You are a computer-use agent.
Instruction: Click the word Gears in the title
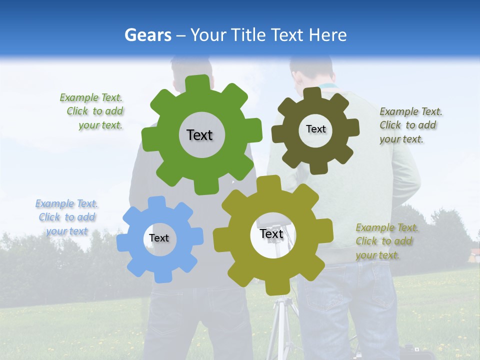click(147, 35)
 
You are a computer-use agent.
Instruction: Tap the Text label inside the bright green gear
click(199, 135)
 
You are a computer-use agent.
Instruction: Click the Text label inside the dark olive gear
click(315, 129)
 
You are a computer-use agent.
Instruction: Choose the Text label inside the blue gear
click(159, 238)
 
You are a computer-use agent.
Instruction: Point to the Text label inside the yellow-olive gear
click(271, 233)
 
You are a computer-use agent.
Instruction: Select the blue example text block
click(66, 217)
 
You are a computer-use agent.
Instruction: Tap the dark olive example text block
click(409, 125)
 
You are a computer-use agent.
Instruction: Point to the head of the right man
click(310, 72)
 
